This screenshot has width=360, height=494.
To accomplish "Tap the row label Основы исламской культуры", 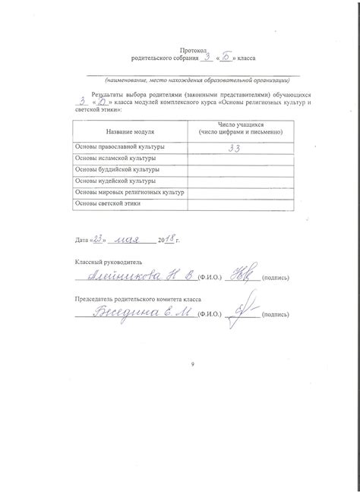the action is pyautogui.click(x=114, y=159).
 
